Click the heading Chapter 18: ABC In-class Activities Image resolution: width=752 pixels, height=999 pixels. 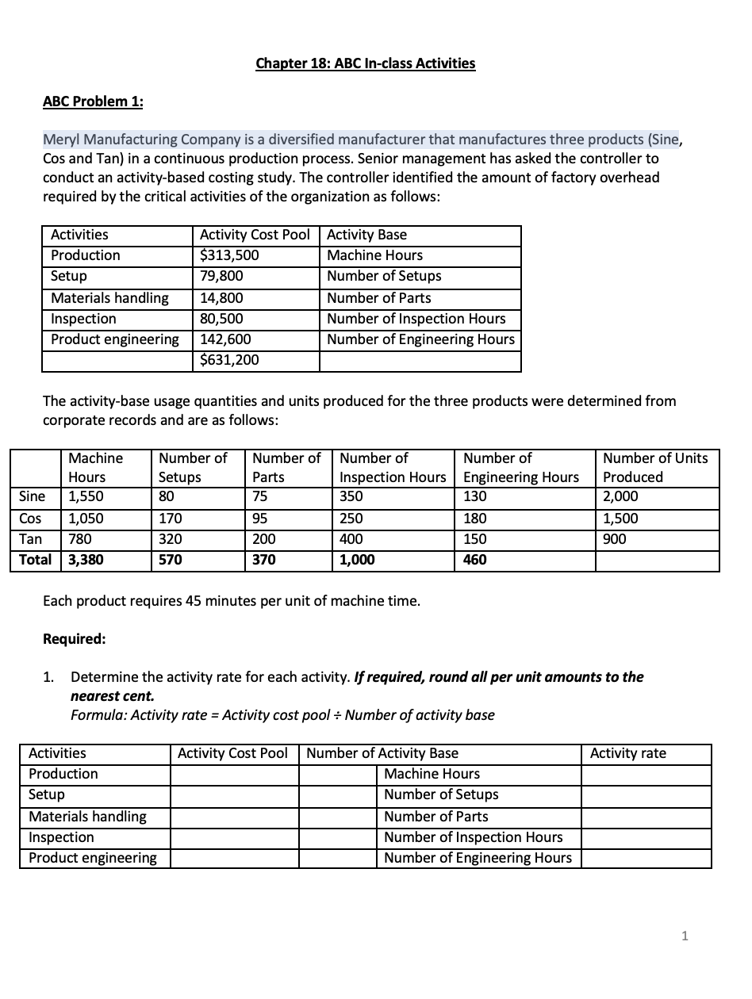(x=366, y=63)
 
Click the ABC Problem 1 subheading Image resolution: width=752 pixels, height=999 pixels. (x=93, y=101)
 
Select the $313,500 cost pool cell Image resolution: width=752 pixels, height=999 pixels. (x=229, y=255)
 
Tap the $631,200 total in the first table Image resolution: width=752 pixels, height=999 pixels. (x=229, y=360)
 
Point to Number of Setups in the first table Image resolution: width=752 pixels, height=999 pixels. (x=384, y=276)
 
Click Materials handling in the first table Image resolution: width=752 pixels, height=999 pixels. (x=109, y=298)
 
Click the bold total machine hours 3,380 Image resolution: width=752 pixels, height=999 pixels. (x=86, y=560)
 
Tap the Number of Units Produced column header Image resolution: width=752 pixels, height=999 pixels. (x=655, y=468)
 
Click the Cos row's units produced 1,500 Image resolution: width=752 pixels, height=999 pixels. (x=620, y=519)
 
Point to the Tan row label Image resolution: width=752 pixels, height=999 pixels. (x=30, y=539)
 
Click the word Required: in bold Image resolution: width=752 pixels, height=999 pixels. (x=74, y=639)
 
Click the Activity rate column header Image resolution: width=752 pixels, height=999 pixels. (x=627, y=753)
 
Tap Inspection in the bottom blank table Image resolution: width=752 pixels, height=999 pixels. (x=61, y=837)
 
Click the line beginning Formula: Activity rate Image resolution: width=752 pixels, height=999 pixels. (x=282, y=715)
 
